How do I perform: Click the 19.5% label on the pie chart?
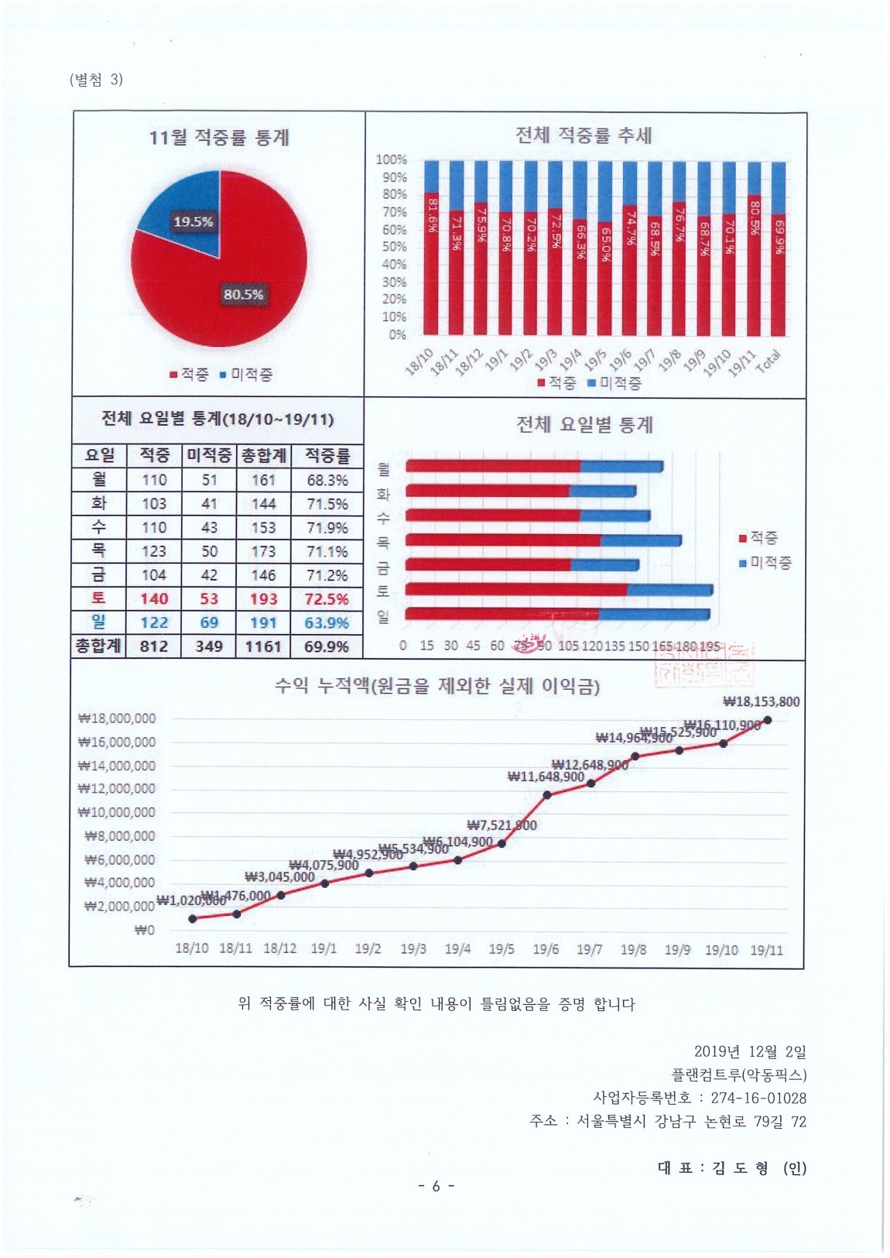tap(193, 222)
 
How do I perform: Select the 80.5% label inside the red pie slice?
tap(243, 294)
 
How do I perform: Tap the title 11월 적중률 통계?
tap(219, 138)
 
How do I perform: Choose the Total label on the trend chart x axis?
tap(768, 361)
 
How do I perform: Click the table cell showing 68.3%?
tap(327, 480)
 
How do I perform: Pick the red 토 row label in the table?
tap(98, 598)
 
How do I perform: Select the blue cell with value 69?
tap(209, 622)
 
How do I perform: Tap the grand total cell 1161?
tap(263, 646)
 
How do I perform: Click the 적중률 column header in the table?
tap(327, 455)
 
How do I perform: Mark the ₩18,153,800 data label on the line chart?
tap(761, 702)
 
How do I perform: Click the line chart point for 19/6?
tap(546, 795)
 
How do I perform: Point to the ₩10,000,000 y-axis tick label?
tap(117, 813)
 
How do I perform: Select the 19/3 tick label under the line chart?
tap(413, 949)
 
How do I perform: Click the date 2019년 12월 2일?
tap(749, 1051)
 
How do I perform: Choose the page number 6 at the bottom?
tap(436, 1186)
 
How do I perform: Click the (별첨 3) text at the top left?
tap(96, 80)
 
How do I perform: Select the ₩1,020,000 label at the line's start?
tap(190, 900)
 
